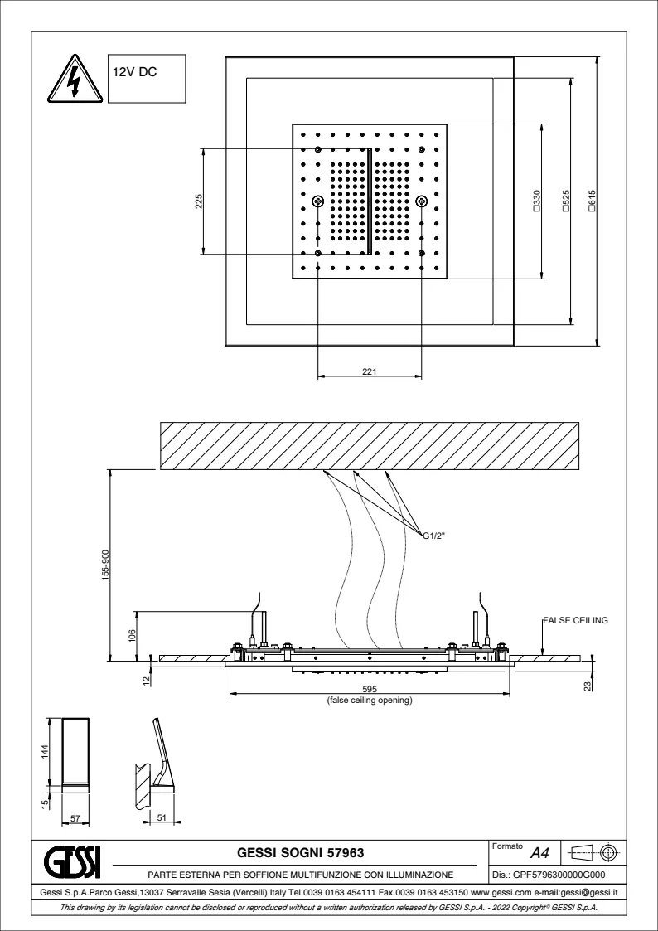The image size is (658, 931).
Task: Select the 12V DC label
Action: click(x=135, y=72)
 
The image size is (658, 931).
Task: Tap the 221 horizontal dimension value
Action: click(x=370, y=372)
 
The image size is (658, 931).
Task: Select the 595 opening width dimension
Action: click(x=370, y=689)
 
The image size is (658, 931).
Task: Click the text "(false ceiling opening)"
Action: click(x=370, y=701)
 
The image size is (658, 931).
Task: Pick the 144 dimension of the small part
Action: click(x=46, y=749)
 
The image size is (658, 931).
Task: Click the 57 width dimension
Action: click(x=75, y=819)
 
